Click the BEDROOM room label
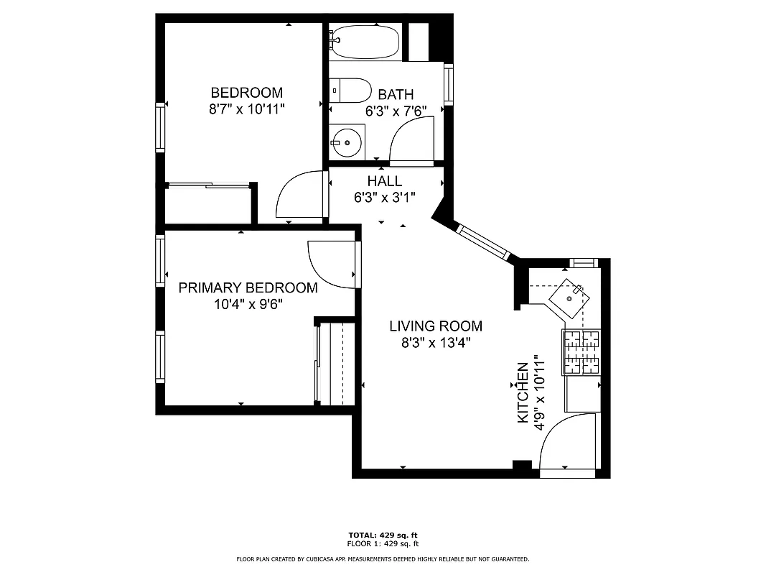click(x=246, y=93)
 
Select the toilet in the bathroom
click(x=350, y=91)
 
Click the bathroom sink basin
click(x=347, y=142)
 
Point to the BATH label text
click(x=396, y=94)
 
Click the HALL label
click(x=385, y=181)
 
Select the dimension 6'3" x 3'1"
click(x=385, y=198)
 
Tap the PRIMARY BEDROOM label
click(x=248, y=287)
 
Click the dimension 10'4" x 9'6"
click(x=248, y=304)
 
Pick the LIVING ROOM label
click(x=436, y=326)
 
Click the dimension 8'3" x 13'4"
click(x=436, y=343)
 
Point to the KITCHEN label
click(x=523, y=392)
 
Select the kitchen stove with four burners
click(x=581, y=352)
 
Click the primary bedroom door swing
click(x=330, y=264)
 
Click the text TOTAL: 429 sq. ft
click(x=383, y=535)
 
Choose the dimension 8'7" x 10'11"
click(x=246, y=109)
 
